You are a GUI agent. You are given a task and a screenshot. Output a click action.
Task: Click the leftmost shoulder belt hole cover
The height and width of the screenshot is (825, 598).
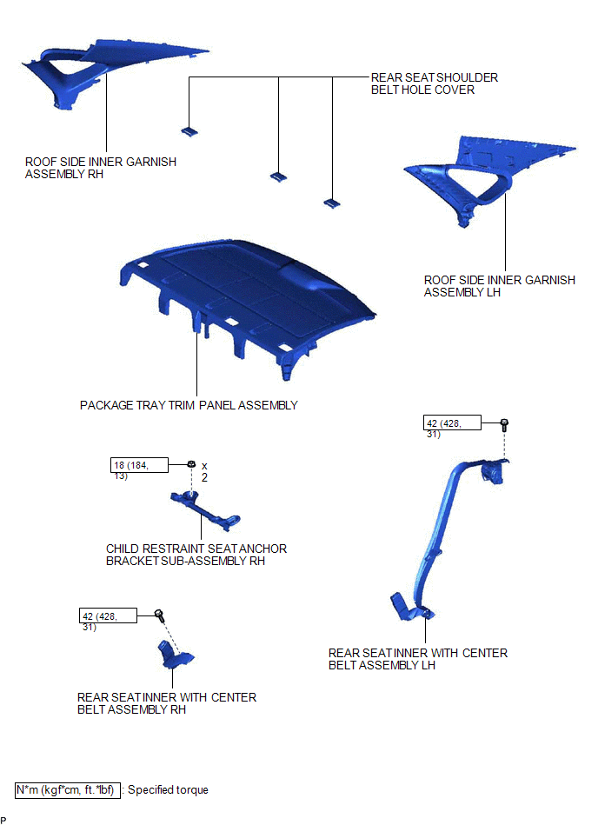[189, 131]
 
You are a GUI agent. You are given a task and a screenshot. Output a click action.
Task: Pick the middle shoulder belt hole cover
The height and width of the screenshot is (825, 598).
[279, 176]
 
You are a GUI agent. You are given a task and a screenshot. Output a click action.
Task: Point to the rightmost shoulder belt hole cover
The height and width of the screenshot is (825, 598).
[331, 203]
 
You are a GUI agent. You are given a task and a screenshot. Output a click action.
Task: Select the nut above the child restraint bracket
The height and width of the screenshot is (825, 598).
[191, 464]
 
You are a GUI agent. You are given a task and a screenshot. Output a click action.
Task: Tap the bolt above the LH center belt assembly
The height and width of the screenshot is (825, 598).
[504, 424]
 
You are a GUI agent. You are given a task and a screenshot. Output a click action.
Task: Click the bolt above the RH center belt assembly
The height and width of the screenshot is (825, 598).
[159, 615]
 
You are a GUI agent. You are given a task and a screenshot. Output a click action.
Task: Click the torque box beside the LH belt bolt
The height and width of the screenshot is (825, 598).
[452, 423]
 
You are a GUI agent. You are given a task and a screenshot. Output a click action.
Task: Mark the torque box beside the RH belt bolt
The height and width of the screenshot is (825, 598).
[108, 615]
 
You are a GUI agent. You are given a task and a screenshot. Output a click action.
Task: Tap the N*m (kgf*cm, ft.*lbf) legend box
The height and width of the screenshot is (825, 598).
[67, 789]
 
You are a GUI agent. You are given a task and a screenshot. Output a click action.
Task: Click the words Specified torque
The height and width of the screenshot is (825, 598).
[168, 789]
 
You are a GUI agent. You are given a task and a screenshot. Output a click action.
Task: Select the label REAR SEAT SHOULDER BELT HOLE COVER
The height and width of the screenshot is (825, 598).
[435, 83]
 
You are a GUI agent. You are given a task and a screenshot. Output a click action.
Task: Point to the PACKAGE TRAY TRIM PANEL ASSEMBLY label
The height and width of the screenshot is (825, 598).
[189, 405]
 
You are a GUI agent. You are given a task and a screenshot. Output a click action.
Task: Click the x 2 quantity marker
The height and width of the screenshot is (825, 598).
[204, 471]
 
